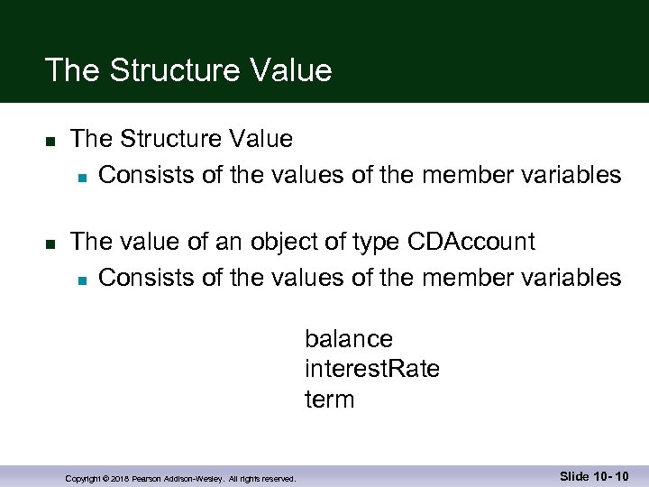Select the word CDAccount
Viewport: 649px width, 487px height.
[x=471, y=242]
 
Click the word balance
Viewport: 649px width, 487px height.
[x=349, y=339]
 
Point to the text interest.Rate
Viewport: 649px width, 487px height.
[x=372, y=369]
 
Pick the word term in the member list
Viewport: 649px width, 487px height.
[x=330, y=399]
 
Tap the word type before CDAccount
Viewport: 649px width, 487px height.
[x=370, y=242]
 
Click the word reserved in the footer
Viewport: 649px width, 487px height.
[x=278, y=479]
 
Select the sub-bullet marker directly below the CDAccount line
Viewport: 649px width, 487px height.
[x=80, y=279]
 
